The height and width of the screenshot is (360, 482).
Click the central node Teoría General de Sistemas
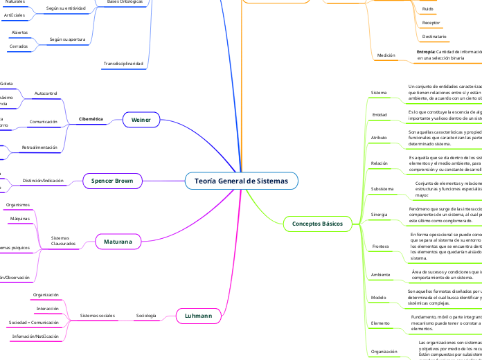click(241, 181)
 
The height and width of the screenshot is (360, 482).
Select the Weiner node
click(141, 120)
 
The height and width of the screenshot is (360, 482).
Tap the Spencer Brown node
click(112, 181)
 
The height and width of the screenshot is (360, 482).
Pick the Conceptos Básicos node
click(317, 223)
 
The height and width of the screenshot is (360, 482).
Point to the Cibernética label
click(91, 119)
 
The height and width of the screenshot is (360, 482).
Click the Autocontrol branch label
click(46, 92)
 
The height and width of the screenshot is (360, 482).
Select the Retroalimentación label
click(39, 147)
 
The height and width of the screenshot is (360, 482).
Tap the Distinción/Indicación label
click(43, 181)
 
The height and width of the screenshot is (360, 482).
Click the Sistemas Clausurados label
click(63, 241)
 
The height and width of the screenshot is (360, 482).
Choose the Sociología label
click(146, 316)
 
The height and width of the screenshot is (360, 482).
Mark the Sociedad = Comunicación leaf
click(34, 323)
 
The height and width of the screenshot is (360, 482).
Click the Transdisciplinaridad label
click(123, 64)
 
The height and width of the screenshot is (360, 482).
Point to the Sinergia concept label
click(380, 214)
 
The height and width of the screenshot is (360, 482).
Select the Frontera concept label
click(380, 246)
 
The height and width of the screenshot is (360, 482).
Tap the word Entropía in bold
click(426, 52)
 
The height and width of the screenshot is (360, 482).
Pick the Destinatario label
click(434, 36)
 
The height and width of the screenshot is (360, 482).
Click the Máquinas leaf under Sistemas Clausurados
click(20, 219)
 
